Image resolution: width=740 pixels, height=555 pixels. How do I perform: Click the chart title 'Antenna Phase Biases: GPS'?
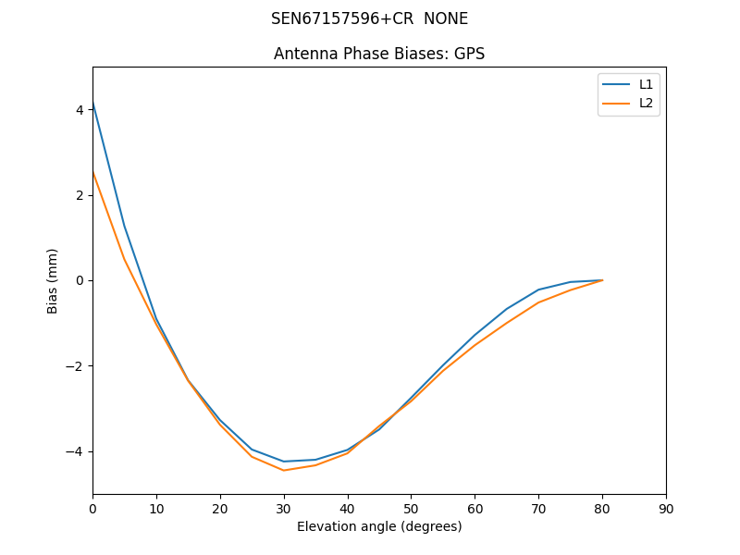point(379,54)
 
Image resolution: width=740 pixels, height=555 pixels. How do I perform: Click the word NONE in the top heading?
point(446,18)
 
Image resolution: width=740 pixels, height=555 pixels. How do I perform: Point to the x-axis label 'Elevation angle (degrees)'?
point(379,526)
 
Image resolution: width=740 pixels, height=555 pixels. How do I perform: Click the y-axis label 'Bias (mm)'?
point(53,280)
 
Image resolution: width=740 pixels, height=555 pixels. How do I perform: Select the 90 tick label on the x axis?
point(666,508)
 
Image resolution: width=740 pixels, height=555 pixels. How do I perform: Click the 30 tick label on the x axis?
point(284,508)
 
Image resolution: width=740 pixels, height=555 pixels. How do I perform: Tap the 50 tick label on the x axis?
point(411,508)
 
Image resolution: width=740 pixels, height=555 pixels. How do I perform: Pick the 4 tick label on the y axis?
point(80,109)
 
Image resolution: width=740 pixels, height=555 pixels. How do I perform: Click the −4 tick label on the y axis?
point(76,451)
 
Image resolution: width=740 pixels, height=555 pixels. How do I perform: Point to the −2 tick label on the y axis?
point(76,366)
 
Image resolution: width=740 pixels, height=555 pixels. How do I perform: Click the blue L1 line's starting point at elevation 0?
point(93,103)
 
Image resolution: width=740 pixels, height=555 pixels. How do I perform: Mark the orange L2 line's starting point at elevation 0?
point(93,172)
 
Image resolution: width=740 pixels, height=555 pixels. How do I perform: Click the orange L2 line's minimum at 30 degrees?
point(284,470)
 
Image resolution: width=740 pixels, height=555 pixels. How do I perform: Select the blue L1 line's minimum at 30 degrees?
point(284,462)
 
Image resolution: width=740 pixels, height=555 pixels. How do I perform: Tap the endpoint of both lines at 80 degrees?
point(602,280)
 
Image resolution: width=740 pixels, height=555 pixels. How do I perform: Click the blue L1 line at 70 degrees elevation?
point(538,290)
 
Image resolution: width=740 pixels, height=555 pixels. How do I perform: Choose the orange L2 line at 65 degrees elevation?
point(507,323)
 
